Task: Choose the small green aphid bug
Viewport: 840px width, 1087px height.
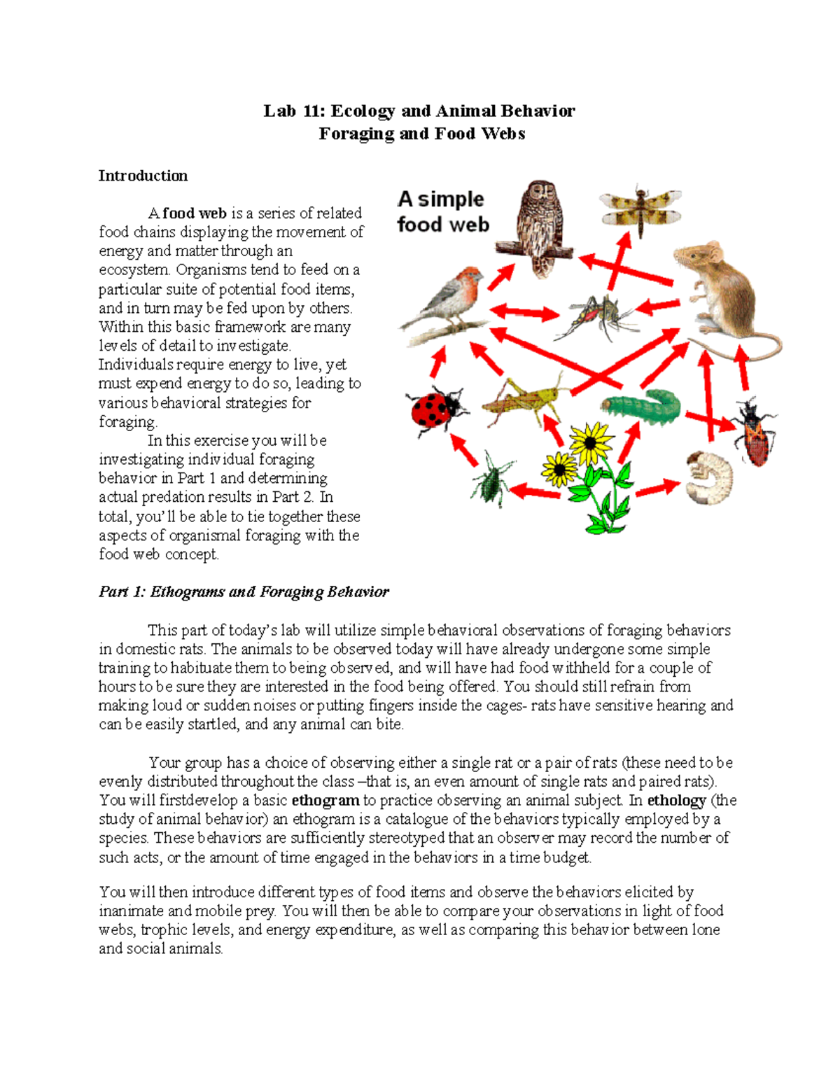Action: tap(494, 481)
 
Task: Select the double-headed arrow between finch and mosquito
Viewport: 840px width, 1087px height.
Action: tap(525, 312)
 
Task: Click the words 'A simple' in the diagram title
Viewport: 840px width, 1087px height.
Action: tap(440, 199)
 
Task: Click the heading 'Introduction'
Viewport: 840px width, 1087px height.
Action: tap(143, 176)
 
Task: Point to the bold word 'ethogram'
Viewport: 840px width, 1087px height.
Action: tap(325, 800)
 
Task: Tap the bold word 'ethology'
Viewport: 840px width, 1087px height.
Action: tap(675, 800)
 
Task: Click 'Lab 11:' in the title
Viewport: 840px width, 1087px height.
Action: tap(293, 111)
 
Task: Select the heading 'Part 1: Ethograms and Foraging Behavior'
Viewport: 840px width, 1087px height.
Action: tap(244, 592)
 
